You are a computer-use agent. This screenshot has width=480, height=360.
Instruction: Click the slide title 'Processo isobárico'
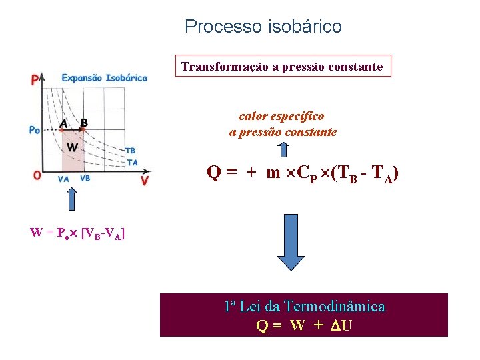(x=263, y=27)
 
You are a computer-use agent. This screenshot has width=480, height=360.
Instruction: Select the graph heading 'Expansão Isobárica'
(x=105, y=78)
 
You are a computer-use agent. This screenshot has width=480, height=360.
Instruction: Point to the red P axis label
(x=34, y=81)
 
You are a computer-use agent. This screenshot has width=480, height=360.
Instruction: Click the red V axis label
(x=145, y=181)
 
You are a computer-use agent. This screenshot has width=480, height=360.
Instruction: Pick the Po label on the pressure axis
(x=35, y=129)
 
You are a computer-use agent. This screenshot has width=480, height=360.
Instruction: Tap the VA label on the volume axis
(x=64, y=179)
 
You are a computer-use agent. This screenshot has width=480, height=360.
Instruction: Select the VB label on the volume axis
(x=85, y=179)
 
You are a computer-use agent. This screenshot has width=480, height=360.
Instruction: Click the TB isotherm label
(x=131, y=151)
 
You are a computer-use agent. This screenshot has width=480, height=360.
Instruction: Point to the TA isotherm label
(x=131, y=162)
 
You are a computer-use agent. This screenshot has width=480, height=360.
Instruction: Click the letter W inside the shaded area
(x=72, y=147)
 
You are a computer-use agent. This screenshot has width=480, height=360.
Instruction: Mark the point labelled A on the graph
(x=64, y=123)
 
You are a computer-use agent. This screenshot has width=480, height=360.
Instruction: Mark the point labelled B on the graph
(x=84, y=123)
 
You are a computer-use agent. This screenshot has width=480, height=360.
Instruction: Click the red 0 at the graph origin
(x=37, y=176)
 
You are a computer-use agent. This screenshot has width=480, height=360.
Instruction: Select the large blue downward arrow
(x=290, y=242)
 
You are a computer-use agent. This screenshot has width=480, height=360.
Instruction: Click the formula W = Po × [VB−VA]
(x=78, y=233)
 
